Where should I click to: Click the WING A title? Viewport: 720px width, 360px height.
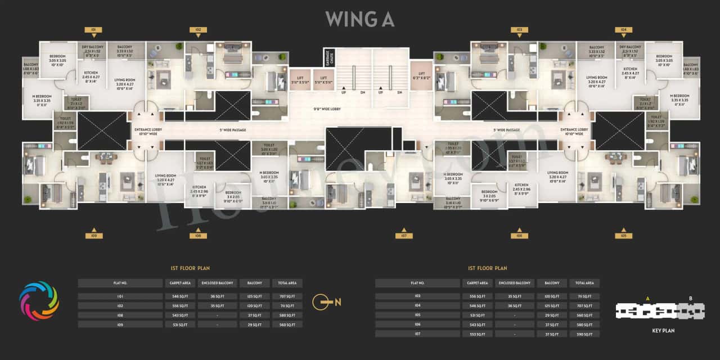(x=360, y=19)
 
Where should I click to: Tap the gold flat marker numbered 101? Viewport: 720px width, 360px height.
(x=93, y=29)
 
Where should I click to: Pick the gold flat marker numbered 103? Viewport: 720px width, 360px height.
(x=519, y=29)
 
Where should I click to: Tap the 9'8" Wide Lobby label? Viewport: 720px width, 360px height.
(x=328, y=109)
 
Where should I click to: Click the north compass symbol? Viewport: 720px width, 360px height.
(x=326, y=301)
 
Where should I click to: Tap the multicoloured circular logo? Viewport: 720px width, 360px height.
(x=39, y=301)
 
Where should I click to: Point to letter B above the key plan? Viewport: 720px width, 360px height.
(x=691, y=298)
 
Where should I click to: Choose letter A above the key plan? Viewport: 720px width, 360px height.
(x=648, y=298)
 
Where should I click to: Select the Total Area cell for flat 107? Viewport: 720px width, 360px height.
(x=584, y=334)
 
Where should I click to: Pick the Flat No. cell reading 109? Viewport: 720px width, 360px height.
(x=120, y=325)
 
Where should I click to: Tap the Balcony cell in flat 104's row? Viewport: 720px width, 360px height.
(x=552, y=305)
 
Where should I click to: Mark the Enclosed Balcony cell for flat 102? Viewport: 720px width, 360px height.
(x=217, y=305)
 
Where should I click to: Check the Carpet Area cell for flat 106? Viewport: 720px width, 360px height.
(x=478, y=325)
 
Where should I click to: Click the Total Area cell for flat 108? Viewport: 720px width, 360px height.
(x=287, y=315)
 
